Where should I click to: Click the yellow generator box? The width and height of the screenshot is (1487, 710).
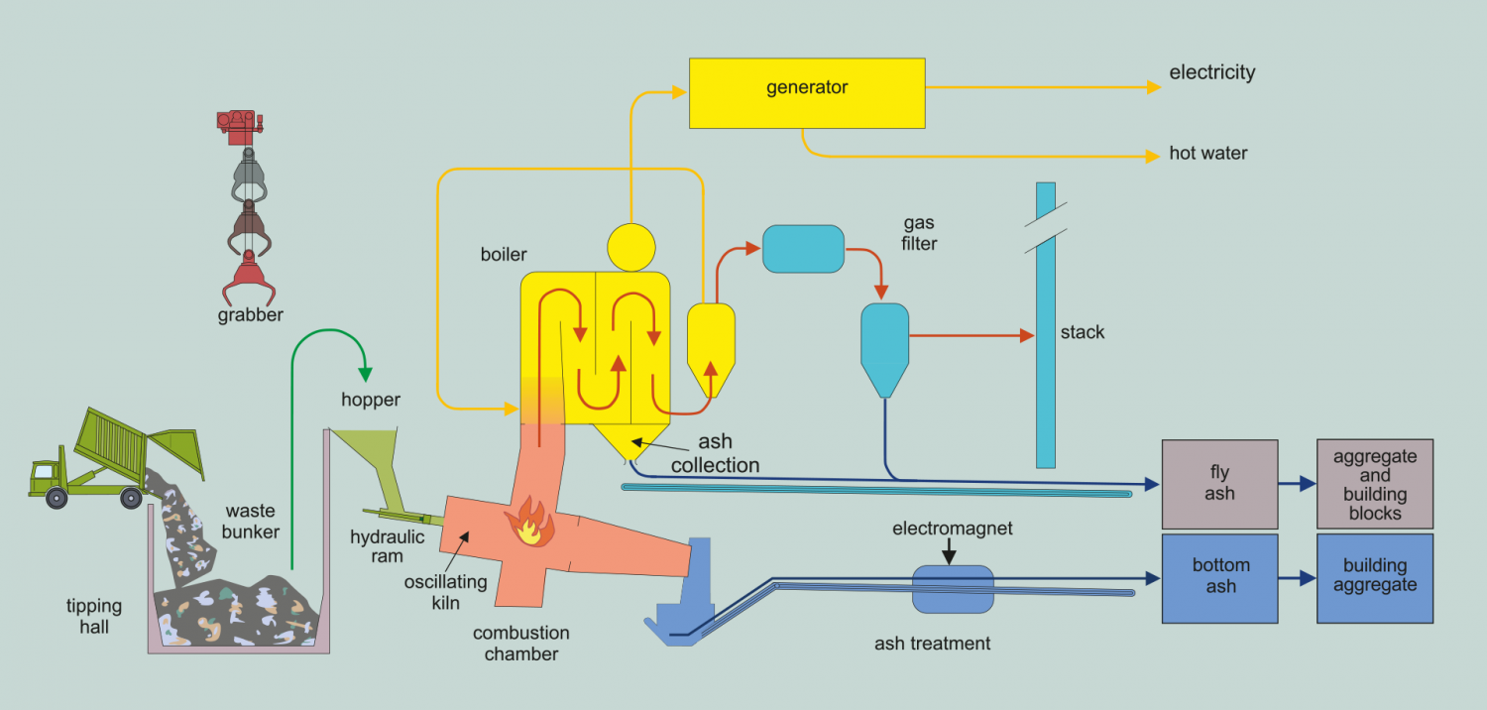click(x=807, y=92)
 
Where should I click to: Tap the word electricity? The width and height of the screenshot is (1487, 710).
click(x=1211, y=72)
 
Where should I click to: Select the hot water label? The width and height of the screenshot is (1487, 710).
click(x=1207, y=154)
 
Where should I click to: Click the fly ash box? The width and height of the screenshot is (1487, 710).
click(x=1219, y=484)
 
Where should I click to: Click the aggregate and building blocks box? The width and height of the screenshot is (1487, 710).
click(x=1374, y=484)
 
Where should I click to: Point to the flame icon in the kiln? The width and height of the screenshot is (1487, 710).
click(x=529, y=524)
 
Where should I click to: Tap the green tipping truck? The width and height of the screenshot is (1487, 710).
click(x=99, y=458)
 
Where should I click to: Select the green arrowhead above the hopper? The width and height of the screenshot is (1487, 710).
click(x=365, y=375)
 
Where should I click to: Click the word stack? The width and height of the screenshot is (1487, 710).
click(x=1082, y=332)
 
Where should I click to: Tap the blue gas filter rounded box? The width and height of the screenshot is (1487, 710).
click(x=803, y=250)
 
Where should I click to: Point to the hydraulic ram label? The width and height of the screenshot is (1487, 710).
click(x=388, y=546)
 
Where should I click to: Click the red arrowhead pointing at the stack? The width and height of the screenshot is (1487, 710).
click(x=1028, y=335)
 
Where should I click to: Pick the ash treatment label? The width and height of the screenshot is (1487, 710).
click(x=932, y=644)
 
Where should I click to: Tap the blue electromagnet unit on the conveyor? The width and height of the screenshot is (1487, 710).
click(x=952, y=589)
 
